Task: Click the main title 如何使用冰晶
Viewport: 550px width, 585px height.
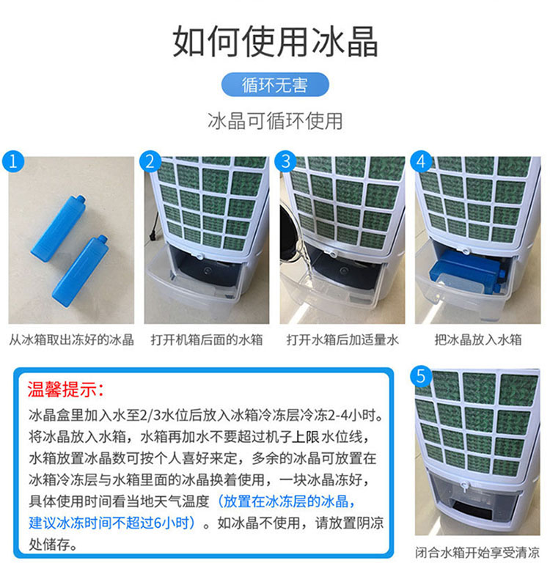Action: pyautogui.click(x=275, y=41)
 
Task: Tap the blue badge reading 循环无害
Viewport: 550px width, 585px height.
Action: pyautogui.click(x=275, y=84)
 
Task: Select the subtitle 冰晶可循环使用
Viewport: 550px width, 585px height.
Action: pyautogui.click(x=275, y=121)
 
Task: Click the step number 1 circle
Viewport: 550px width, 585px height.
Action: pyautogui.click(x=13, y=161)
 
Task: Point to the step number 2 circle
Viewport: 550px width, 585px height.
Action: pyautogui.click(x=150, y=161)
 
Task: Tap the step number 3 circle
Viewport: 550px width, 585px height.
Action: pyautogui.click(x=285, y=161)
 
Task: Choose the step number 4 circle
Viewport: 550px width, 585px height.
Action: pyautogui.click(x=421, y=161)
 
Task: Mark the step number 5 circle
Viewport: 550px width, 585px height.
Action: pyautogui.click(x=421, y=376)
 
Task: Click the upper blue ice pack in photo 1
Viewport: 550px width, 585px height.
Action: pyautogui.click(x=58, y=228)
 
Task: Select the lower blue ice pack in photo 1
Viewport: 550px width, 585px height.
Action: pyautogui.click(x=80, y=271)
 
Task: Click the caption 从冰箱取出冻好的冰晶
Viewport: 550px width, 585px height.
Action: pyautogui.click(x=71, y=340)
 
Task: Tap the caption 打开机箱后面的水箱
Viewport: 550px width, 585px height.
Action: pyautogui.click(x=207, y=340)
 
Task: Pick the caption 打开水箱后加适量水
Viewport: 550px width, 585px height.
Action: pyautogui.click(x=342, y=340)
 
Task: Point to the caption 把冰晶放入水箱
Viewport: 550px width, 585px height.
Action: pyautogui.click(x=478, y=340)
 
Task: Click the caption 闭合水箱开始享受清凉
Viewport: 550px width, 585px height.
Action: pyautogui.click(x=477, y=553)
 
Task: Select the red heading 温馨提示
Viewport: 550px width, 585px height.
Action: pyautogui.click(x=65, y=389)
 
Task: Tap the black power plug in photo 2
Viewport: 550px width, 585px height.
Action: pyautogui.click(x=153, y=236)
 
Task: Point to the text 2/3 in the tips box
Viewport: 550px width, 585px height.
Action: pyautogui.click(x=151, y=415)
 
